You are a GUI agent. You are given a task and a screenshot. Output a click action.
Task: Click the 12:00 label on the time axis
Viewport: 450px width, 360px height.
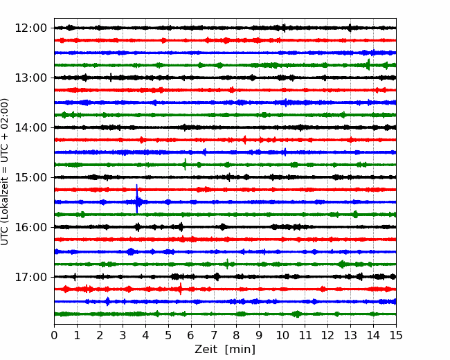point(30,28)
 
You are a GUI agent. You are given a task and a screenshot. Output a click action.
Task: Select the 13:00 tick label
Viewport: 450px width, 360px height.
point(30,78)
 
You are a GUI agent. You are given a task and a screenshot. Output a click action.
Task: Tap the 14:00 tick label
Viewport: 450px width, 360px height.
point(30,127)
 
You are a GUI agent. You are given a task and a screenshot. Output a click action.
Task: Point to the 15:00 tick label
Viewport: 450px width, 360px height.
point(30,177)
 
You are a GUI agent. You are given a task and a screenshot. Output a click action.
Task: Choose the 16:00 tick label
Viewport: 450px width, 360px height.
point(30,227)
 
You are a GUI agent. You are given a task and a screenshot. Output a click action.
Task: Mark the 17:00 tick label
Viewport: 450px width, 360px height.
point(30,277)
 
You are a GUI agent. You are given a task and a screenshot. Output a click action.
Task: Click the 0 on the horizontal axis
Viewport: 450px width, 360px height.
point(54,335)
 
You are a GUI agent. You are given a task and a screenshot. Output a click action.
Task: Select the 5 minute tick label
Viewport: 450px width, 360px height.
point(168,335)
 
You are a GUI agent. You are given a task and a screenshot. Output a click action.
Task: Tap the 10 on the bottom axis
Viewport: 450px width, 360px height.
point(282,335)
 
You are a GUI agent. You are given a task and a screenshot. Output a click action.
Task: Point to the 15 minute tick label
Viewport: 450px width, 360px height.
point(396,335)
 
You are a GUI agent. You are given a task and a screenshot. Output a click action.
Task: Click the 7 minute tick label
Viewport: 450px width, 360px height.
point(214,335)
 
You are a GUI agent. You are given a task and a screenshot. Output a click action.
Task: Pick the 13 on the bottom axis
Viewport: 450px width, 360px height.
point(350,335)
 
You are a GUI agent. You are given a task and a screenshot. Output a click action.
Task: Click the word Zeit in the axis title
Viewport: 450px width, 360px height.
point(207,350)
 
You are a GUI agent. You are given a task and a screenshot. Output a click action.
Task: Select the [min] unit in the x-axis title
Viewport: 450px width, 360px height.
point(240,350)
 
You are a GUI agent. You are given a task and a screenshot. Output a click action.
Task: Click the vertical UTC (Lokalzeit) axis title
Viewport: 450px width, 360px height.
point(5,172)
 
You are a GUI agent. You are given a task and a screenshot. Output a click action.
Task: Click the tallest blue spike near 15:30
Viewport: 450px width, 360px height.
point(137,199)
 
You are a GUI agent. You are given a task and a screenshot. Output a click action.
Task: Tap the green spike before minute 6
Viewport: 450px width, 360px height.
point(185,164)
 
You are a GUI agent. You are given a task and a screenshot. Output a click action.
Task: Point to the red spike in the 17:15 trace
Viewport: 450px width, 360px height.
point(181,289)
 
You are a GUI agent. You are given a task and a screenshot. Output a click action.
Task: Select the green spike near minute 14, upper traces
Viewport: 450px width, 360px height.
point(369,64)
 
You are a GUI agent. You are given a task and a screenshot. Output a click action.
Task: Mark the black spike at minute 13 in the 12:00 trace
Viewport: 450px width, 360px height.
point(350,28)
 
